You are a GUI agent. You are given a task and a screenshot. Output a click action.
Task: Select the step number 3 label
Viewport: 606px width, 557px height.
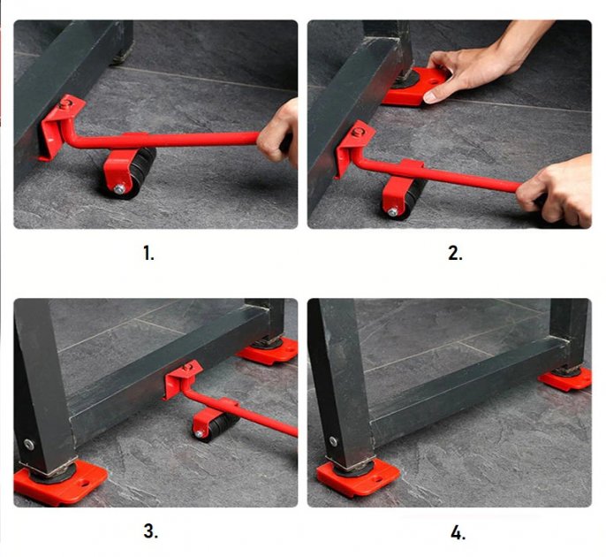point(151,531)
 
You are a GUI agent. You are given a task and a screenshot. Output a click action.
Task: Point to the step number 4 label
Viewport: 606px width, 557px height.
point(457,532)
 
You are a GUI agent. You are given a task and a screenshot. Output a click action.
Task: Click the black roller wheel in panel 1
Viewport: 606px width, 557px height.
point(133,172)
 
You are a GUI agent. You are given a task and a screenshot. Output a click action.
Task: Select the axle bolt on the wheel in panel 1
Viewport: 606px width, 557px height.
point(117,188)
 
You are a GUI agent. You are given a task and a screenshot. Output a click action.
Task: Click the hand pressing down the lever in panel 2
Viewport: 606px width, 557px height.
point(557,188)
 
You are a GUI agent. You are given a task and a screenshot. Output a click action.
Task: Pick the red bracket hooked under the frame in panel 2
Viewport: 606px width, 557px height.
point(352,147)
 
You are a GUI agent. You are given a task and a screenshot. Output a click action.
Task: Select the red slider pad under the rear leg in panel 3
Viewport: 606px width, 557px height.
point(268,352)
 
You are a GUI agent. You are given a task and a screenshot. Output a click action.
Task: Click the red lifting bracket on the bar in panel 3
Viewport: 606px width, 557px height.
point(182,380)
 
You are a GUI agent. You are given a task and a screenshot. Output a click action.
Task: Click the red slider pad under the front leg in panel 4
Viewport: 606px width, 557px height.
point(357,478)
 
